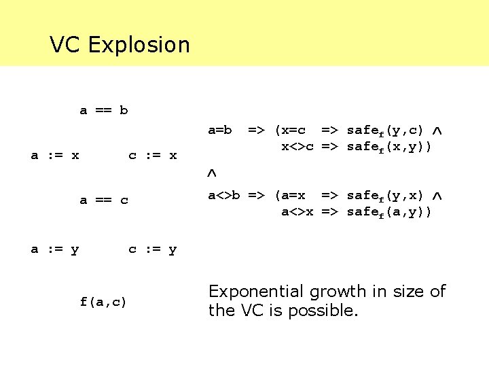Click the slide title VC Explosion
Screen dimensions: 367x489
click(120, 45)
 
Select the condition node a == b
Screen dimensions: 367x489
click(104, 110)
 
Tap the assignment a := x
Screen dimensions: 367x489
click(55, 156)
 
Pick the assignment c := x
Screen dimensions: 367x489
click(153, 156)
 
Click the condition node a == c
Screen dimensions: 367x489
click(104, 200)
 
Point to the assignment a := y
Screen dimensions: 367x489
click(55, 249)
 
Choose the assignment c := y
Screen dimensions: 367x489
click(153, 249)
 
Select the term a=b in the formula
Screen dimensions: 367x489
click(220, 130)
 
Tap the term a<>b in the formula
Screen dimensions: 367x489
click(224, 196)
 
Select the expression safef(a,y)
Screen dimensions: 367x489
click(385, 211)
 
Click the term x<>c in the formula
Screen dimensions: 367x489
click(297, 145)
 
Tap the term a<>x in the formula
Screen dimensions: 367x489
click(297, 211)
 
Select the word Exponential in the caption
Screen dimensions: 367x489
click(257, 292)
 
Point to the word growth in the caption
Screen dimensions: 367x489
click(337, 292)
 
